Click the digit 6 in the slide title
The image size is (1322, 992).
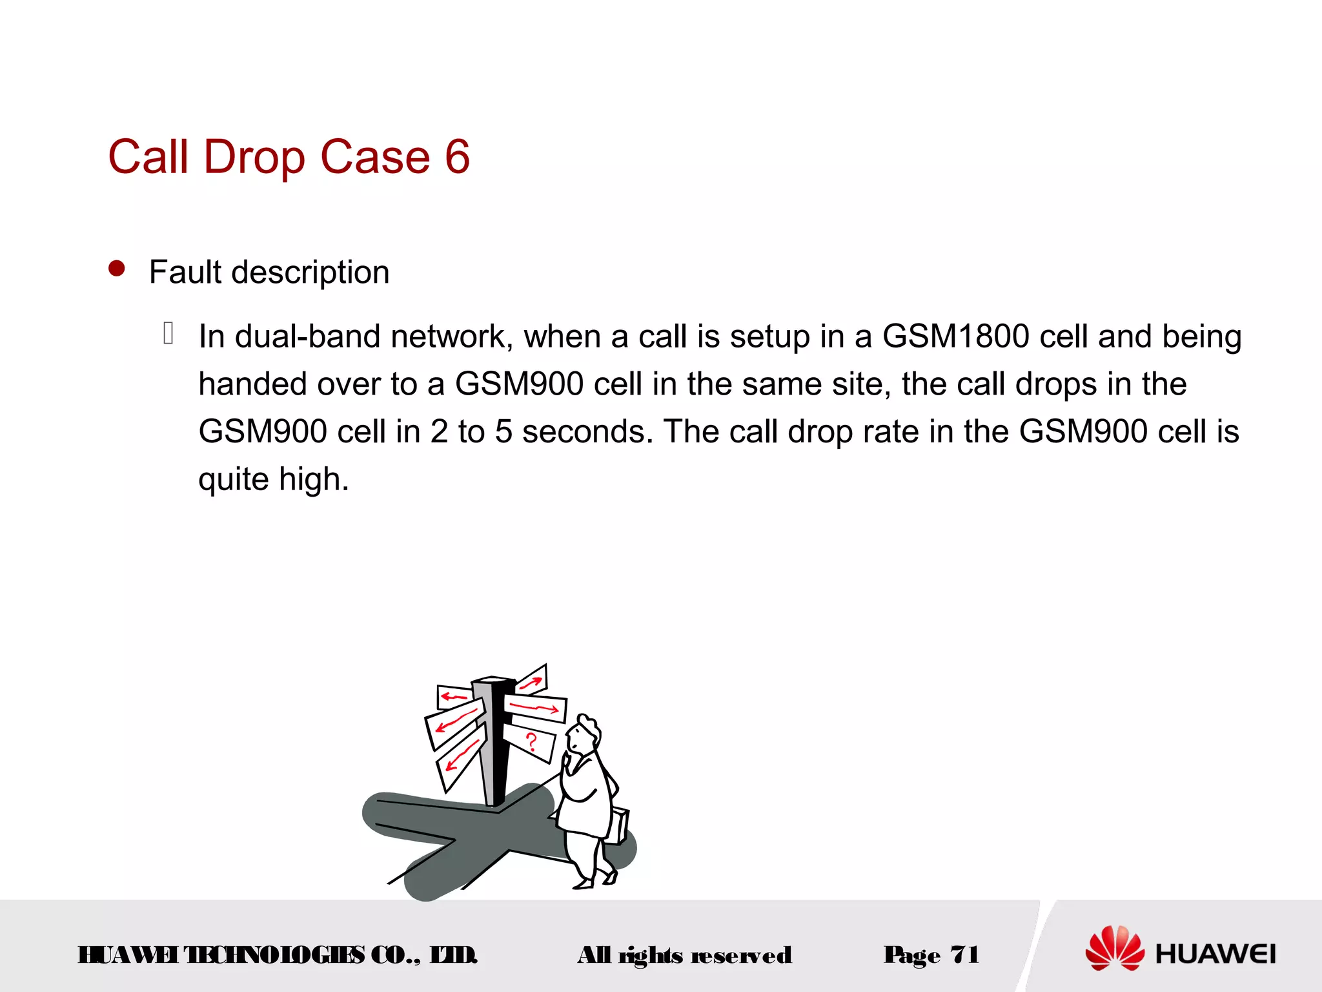pyautogui.click(x=457, y=157)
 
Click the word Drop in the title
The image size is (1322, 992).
pyautogui.click(x=254, y=157)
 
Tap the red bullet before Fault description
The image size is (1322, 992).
pyautogui.click(x=117, y=269)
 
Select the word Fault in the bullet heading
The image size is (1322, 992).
pyautogui.click(x=185, y=272)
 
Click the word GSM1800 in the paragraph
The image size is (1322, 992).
pyautogui.click(x=955, y=336)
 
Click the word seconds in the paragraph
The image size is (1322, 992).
pyautogui.click(x=583, y=431)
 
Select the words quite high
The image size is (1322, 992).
pyautogui.click(x=273, y=479)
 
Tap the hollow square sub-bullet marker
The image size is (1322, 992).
pyautogui.click(x=168, y=333)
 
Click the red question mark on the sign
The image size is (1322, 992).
pyautogui.click(x=531, y=741)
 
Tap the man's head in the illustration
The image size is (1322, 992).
pyautogui.click(x=585, y=734)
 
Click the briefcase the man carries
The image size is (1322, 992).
pyautogui.click(x=618, y=825)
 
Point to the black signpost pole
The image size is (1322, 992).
pyautogui.click(x=496, y=743)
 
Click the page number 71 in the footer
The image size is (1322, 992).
pyautogui.click(x=964, y=955)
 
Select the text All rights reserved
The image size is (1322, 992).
pyautogui.click(x=684, y=955)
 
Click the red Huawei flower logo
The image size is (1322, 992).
pyautogui.click(x=1114, y=948)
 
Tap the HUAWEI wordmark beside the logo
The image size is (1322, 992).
pyautogui.click(x=1215, y=954)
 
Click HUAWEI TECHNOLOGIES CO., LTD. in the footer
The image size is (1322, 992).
pyautogui.click(x=278, y=955)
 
